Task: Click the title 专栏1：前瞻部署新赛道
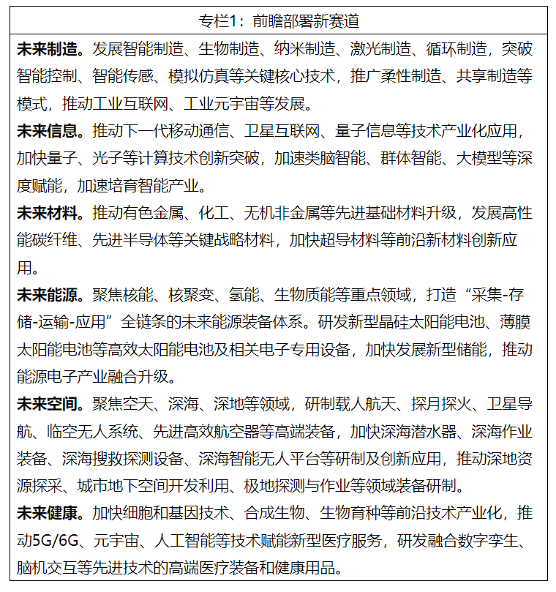click(x=278, y=20)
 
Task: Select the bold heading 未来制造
click(x=50, y=50)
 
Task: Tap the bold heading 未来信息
click(x=50, y=132)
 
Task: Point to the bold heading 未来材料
click(x=50, y=214)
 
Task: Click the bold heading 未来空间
click(x=50, y=404)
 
